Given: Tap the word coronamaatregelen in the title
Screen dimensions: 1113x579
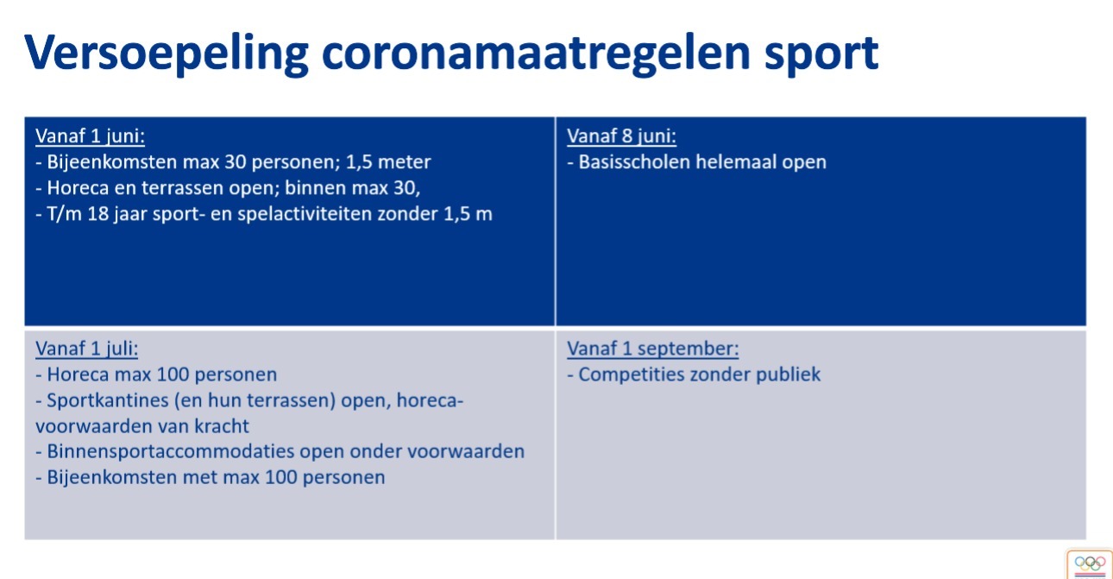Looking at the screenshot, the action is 536,53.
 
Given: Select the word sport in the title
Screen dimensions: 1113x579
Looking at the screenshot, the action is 821,54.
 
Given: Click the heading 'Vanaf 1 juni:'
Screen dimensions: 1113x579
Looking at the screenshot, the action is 90,136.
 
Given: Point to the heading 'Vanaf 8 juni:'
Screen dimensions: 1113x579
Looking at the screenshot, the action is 621,136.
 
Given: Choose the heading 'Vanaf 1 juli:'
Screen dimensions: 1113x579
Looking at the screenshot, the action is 86,349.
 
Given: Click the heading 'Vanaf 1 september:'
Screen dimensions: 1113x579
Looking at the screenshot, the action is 653,349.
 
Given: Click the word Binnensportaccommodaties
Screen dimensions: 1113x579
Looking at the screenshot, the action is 171,451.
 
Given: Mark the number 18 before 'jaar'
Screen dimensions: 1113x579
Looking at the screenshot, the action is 97,214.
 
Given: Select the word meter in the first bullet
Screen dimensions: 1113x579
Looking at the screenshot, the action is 405,162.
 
